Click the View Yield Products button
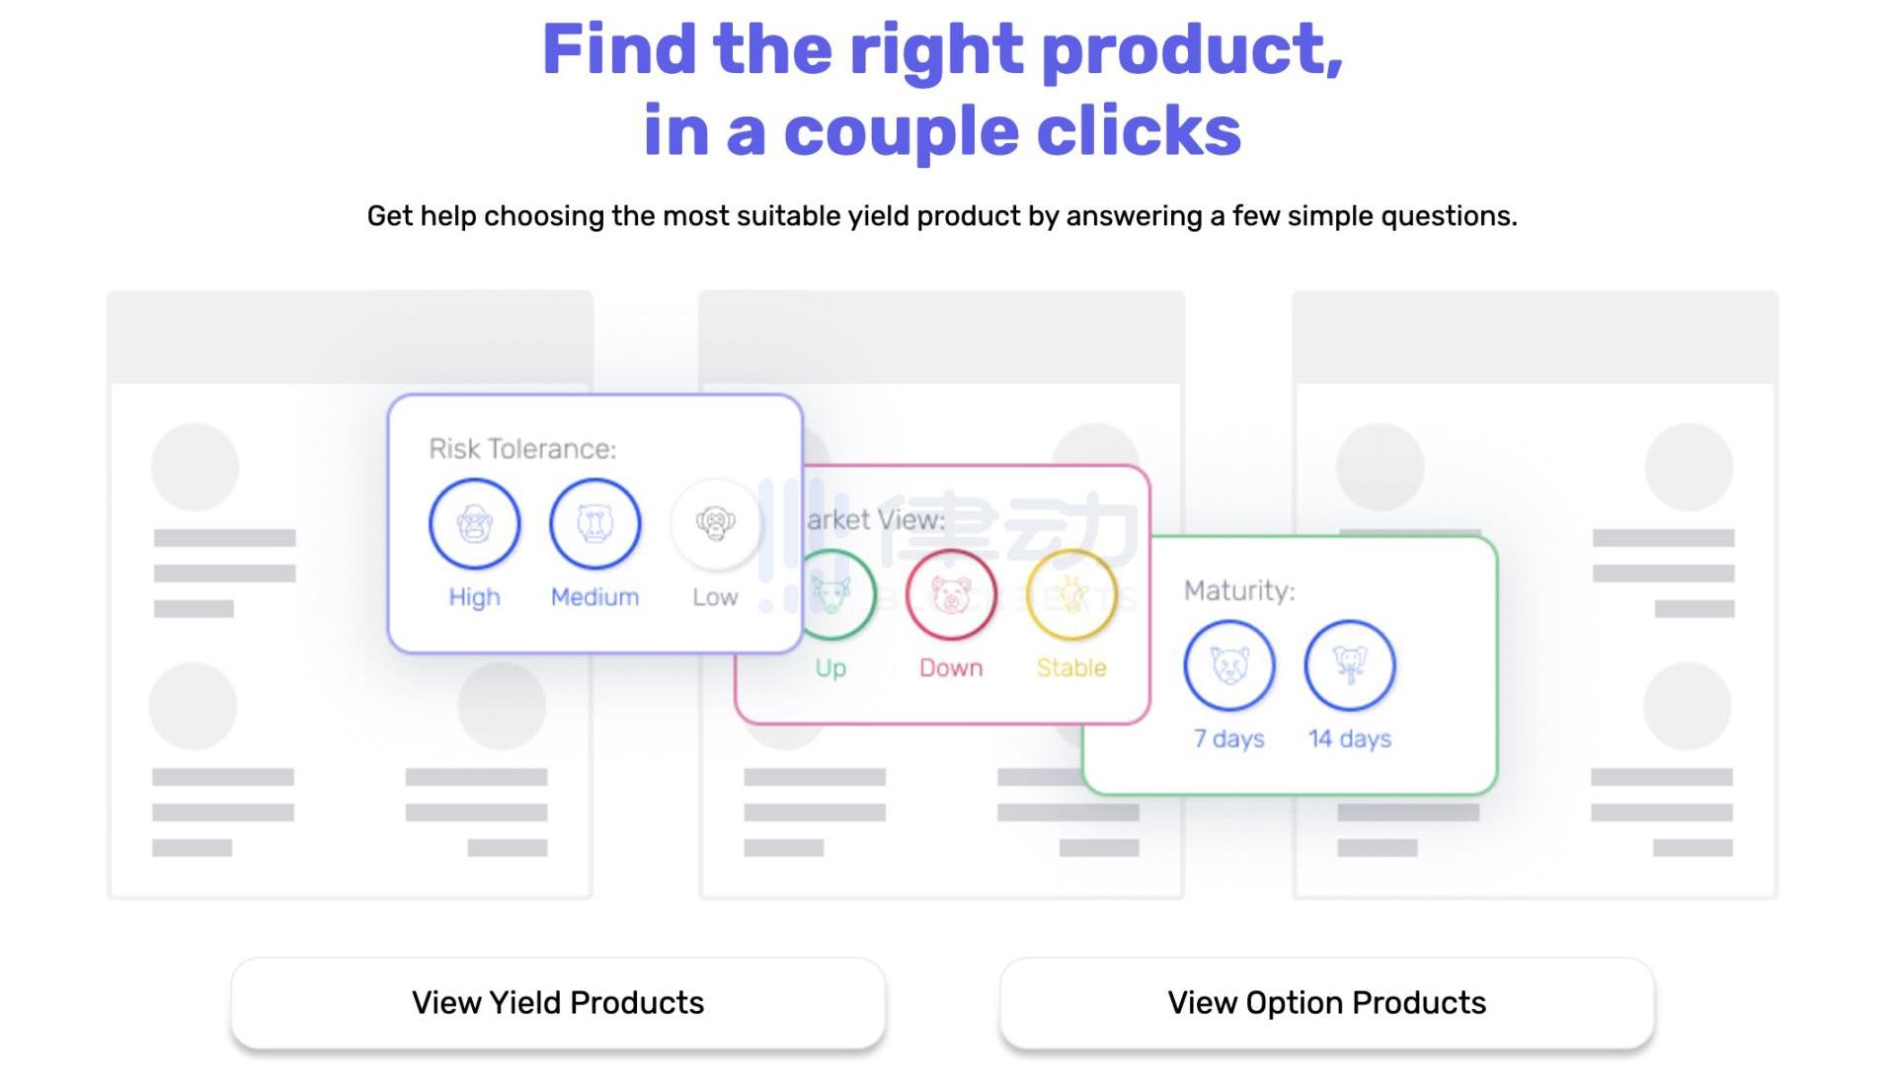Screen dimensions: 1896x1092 (x=558, y=1003)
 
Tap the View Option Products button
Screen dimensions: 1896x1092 (x=1326, y=1003)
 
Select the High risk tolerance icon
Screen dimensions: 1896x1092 (x=474, y=523)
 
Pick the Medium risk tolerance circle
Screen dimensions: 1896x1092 (x=594, y=523)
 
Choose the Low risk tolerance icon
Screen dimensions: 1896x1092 (x=715, y=523)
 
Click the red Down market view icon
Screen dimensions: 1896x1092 (x=951, y=594)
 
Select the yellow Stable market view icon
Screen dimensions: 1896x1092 (x=1071, y=594)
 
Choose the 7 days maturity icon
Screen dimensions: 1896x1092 (x=1229, y=665)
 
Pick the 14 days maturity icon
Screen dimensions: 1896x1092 (x=1350, y=665)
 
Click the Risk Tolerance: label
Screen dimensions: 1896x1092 (x=522, y=449)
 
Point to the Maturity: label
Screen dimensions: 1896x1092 (x=1239, y=590)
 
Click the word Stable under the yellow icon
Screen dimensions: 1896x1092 (x=1071, y=667)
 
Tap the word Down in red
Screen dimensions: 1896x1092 (x=951, y=667)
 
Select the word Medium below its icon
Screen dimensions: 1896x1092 (x=594, y=596)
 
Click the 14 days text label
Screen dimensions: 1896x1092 (x=1350, y=739)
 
